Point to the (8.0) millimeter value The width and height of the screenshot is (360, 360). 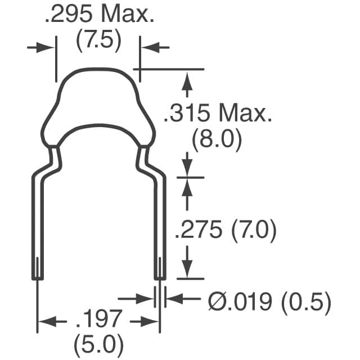pos(217,139)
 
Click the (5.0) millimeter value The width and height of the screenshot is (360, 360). pos(98,342)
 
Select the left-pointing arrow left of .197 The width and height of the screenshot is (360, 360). pos(47,322)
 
